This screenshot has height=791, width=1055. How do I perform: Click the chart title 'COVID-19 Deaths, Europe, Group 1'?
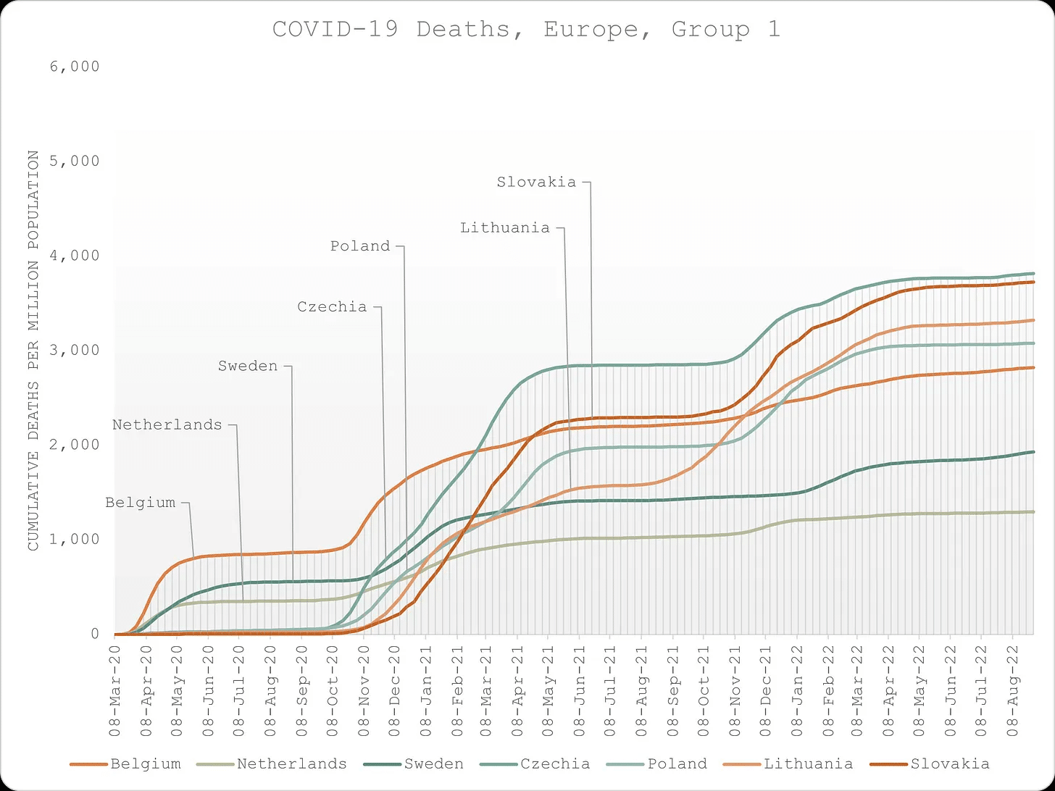(x=526, y=30)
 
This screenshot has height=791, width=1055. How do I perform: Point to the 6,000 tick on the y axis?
(x=76, y=67)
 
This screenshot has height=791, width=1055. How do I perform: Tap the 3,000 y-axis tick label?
(x=76, y=351)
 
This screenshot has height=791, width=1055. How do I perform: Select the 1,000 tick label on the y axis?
(x=76, y=540)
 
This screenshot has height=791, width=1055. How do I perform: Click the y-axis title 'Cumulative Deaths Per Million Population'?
(x=33, y=350)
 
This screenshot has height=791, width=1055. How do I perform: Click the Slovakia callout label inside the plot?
(x=536, y=183)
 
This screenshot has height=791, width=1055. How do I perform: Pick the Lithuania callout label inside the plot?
(x=505, y=228)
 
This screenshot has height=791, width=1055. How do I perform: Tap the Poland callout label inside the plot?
(x=360, y=246)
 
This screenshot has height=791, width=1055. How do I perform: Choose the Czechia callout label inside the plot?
(x=332, y=307)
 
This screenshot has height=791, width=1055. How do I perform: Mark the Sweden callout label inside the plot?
(x=248, y=367)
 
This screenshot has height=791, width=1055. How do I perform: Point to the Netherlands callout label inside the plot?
(x=167, y=425)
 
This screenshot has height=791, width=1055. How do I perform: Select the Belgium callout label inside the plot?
(x=140, y=503)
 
